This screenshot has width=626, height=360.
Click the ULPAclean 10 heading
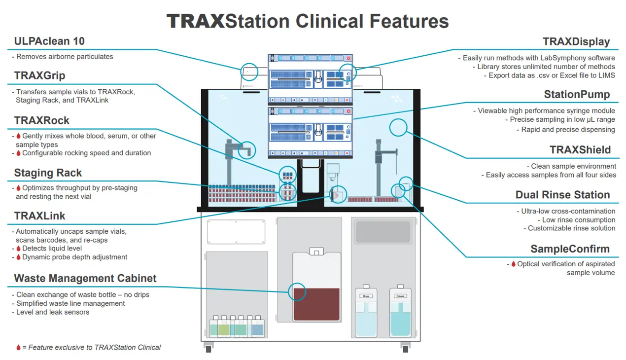[49, 41]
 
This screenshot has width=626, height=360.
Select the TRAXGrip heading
[40, 75]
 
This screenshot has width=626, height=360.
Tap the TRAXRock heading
[42, 121]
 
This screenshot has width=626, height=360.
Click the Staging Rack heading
[48, 173]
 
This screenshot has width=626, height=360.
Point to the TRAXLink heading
[40, 216]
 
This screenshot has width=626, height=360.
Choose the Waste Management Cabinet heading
[85, 278]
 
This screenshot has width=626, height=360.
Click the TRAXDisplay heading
[576, 42]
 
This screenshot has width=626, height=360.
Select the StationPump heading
[577, 95]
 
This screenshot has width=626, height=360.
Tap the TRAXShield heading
[580, 150]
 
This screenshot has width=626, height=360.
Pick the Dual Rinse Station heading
[562, 195]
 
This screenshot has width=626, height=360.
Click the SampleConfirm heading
[570, 249]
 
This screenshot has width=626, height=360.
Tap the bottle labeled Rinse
[366, 313]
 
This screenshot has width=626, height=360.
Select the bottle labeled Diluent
[400, 313]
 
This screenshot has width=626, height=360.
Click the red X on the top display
[348, 58]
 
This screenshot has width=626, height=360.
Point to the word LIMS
[606, 75]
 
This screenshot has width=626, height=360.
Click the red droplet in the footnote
[18, 348]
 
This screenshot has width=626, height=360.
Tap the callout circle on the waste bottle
[297, 292]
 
